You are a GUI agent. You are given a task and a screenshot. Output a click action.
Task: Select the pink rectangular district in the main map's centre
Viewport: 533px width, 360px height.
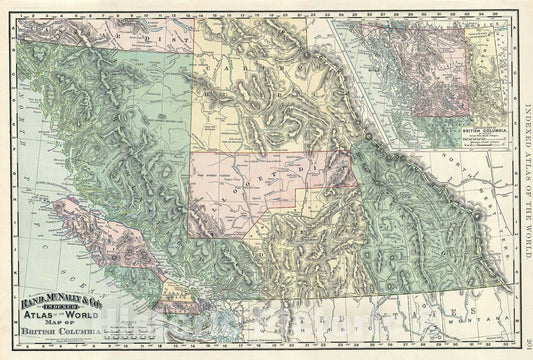260,185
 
